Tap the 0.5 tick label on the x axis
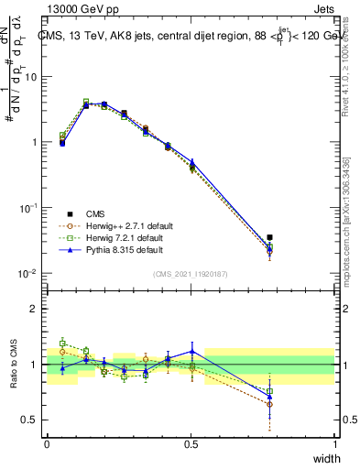tap(191, 444)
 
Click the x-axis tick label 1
tap(334, 444)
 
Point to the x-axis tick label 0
tap(47, 444)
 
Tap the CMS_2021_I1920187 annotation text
tap(191, 273)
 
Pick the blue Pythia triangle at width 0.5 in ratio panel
tap(191, 351)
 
